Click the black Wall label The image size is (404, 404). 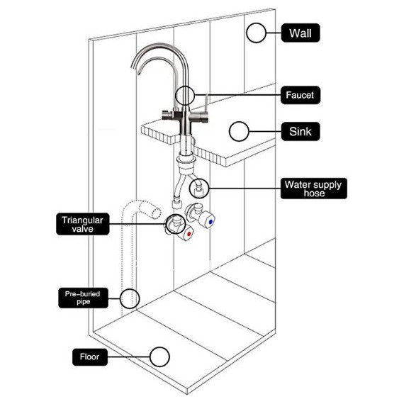301,33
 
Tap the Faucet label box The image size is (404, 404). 301,95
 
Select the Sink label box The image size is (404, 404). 301,131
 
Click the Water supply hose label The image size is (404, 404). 313,189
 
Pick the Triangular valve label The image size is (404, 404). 82,224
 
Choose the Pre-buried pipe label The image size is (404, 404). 83,298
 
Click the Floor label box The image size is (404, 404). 90,357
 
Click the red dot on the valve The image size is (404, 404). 189,234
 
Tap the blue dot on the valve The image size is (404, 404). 211,221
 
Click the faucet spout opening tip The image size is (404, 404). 139,72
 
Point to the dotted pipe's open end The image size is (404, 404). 157,213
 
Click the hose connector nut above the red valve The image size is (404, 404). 176,205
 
